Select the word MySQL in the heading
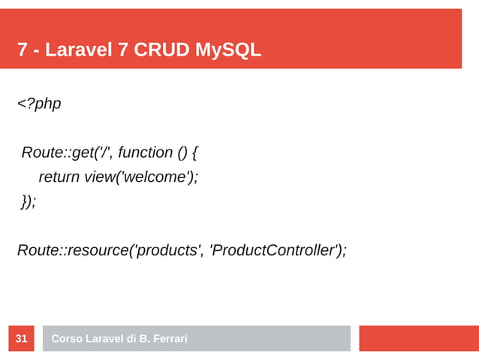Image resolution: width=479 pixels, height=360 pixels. point(228,50)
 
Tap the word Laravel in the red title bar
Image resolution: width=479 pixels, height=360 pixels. point(78,50)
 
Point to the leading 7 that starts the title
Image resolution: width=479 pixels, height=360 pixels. point(23,50)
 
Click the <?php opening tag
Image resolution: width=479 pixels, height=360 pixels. point(39,104)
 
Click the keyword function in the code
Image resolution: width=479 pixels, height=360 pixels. point(146,153)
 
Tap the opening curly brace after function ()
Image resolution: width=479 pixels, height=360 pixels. point(194,153)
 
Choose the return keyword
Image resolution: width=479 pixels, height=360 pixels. point(59,177)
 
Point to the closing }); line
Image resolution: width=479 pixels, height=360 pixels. point(29,201)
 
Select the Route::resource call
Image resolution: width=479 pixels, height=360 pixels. point(72,250)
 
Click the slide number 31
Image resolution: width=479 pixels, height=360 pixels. point(21,339)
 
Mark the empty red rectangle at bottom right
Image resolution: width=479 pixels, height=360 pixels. point(418,338)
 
